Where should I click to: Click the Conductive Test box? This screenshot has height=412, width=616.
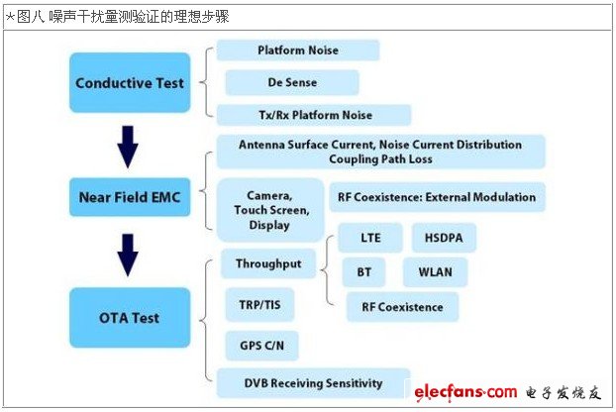[x=130, y=83]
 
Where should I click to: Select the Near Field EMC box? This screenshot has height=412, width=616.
[x=130, y=197]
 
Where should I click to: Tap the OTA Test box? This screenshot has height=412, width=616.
[x=130, y=318]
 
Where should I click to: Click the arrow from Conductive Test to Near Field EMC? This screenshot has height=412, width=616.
[x=128, y=147]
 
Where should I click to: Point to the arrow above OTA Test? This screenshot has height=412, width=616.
[x=128, y=256]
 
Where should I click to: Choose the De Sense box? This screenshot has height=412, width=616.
[x=292, y=82]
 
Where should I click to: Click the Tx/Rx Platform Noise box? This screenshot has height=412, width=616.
[x=314, y=115]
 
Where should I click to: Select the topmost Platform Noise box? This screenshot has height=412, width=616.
[x=298, y=51]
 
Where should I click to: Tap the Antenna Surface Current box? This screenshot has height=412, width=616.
[x=381, y=152]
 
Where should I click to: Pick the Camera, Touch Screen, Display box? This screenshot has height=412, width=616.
[x=270, y=210]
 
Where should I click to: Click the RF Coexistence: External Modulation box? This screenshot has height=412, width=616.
[x=438, y=197]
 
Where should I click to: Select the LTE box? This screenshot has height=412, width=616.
[x=370, y=238]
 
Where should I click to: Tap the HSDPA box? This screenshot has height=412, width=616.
[x=444, y=238]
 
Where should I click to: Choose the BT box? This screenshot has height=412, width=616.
[x=363, y=272]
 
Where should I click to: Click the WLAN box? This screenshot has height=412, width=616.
[x=436, y=272]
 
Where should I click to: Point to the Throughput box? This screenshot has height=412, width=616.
[x=268, y=263]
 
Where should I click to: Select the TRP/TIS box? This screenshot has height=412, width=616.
[x=259, y=305]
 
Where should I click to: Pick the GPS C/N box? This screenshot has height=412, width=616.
[x=262, y=346]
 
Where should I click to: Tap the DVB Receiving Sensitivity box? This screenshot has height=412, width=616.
[x=314, y=383]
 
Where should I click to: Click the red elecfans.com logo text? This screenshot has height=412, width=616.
[x=465, y=392]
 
